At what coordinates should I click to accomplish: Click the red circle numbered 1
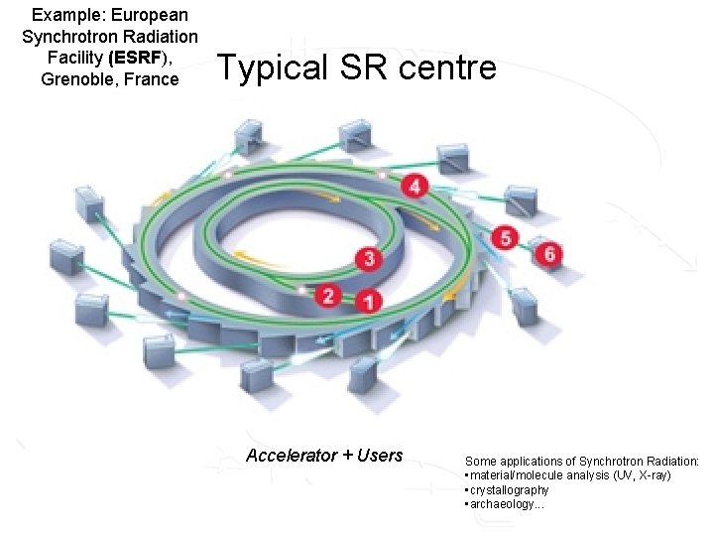[369, 299]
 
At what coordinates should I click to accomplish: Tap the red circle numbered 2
[329, 295]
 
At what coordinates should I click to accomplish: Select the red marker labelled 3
[369, 259]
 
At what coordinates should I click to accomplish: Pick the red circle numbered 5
[506, 238]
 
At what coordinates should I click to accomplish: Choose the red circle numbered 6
[549, 254]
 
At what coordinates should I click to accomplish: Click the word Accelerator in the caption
[291, 456]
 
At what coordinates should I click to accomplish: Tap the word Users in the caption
[379, 456]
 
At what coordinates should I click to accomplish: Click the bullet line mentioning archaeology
[506, 504]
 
